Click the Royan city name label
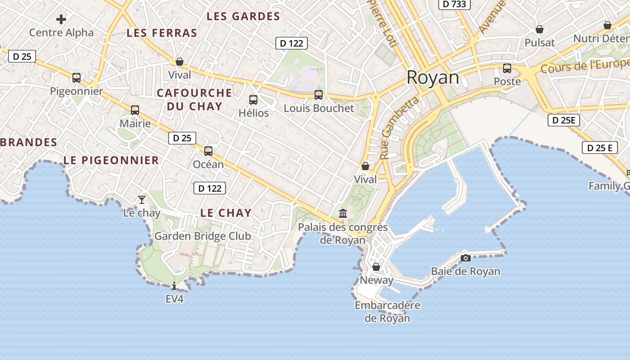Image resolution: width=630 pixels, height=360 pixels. (433, 77)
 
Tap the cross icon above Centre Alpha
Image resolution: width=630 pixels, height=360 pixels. (61, 19)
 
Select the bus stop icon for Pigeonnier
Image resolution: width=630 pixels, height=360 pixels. (76, 78)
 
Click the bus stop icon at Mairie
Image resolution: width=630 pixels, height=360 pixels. (135, 110)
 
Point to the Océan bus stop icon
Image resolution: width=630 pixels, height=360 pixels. (208, 151)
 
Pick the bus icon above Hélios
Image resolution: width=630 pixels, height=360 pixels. (253, 100)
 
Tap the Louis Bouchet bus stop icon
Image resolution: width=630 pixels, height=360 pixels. (319, 95)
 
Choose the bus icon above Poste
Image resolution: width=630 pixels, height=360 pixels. (507, 68)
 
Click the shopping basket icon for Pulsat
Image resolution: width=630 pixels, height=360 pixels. (540, 29)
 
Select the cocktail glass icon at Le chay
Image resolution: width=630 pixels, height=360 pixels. (142, 199)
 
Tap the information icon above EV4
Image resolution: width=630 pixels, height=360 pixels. (174, 286)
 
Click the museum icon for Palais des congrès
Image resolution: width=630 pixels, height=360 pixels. (343, 213)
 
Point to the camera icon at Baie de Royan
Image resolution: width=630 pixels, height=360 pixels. (466, 258)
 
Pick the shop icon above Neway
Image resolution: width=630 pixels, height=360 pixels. (376, 267)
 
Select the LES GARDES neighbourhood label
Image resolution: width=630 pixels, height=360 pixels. (243, 17)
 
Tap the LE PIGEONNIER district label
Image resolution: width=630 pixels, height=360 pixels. (111, 160)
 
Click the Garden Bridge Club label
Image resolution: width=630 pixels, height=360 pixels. (202, 236)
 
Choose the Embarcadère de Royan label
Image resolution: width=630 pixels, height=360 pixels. (387, 311)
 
